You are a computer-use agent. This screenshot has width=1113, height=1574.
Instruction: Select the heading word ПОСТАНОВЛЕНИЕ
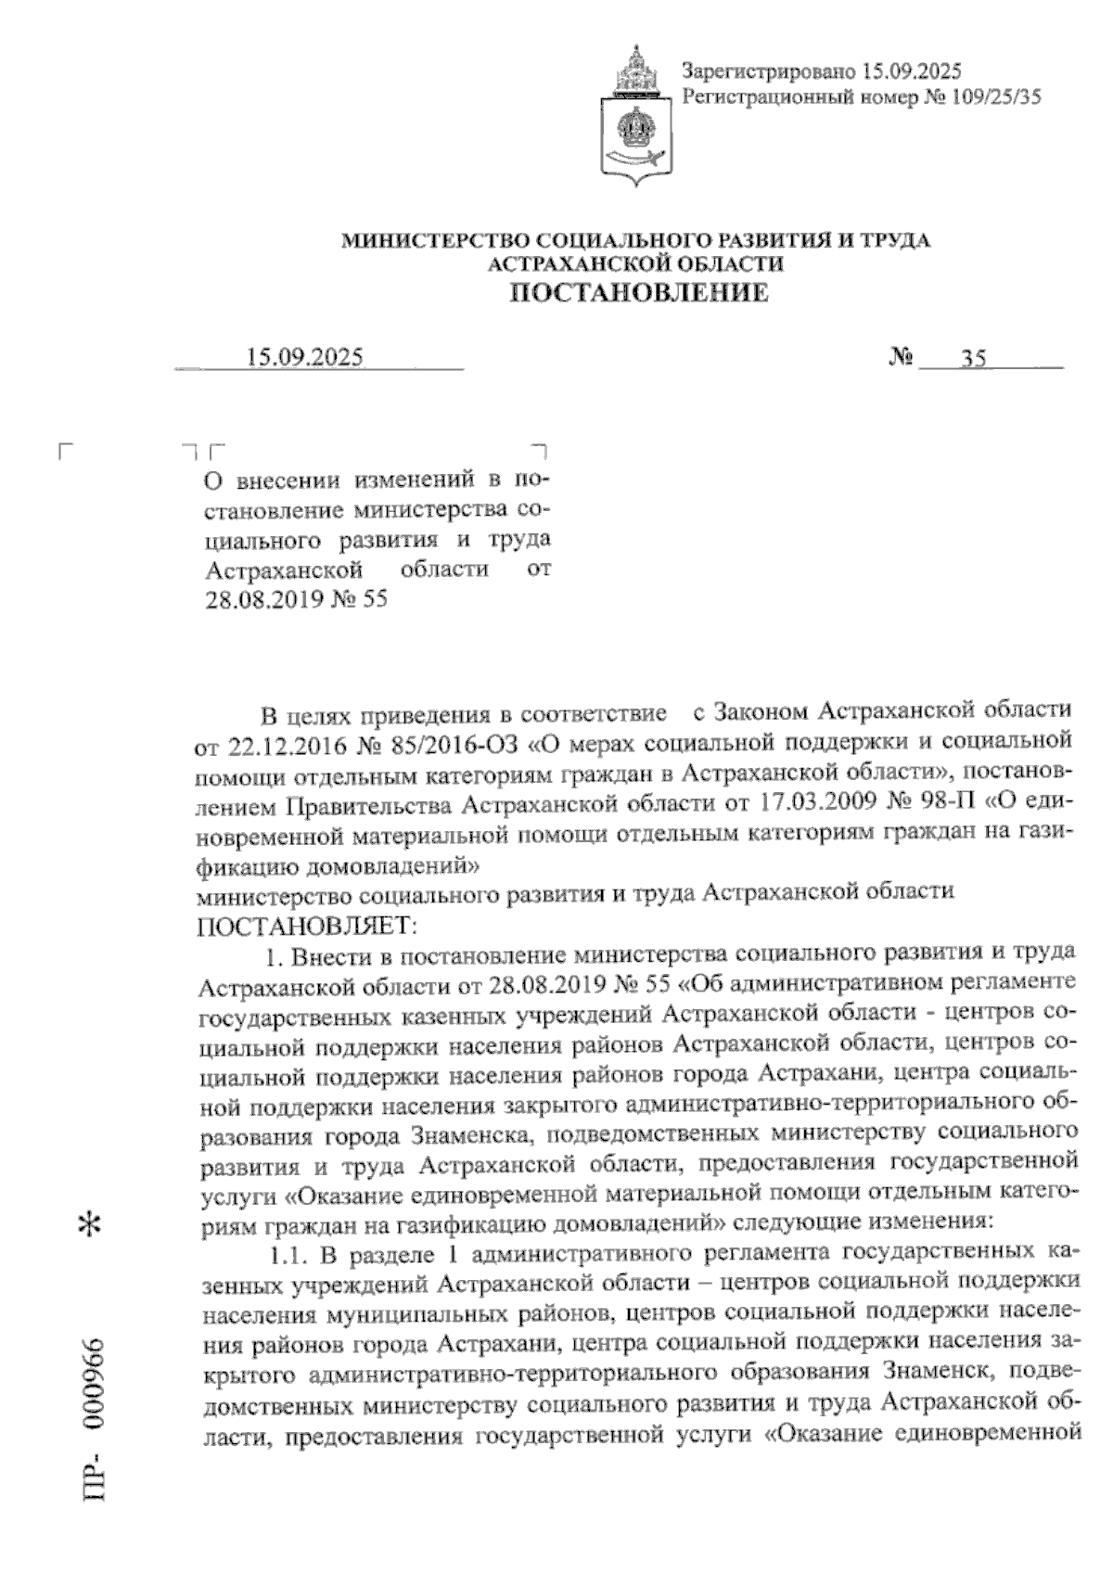tap(639, 294)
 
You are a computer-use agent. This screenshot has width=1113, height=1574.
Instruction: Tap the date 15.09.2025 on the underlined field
tap(305, 358)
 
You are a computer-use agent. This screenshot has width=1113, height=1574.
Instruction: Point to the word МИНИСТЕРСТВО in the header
tap(437, 242)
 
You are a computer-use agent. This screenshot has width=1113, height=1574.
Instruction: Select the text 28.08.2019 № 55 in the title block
tap(294, 599)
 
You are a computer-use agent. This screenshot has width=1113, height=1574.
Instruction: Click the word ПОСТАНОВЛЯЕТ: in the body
tap(308, 926)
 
